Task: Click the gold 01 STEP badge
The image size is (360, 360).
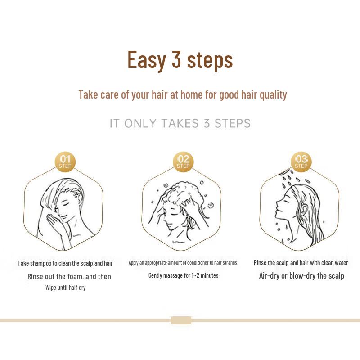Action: click(65, 161)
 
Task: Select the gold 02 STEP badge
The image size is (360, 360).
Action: click(183, 161)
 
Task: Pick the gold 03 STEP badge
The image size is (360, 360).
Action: click(301, 161)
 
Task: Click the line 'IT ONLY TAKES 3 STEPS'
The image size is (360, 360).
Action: click(180, 123)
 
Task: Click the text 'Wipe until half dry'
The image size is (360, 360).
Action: click(65, 288)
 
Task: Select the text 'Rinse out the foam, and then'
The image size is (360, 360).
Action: click(69, 276)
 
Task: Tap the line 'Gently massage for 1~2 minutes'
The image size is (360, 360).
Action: click(183, 275)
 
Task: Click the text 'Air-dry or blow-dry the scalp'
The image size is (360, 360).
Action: click(301, 276)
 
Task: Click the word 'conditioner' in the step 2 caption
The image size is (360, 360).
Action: click(189, 263)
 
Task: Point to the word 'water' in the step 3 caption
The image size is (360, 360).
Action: click(340, 263)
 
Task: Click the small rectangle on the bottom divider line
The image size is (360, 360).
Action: click(181, 320)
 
